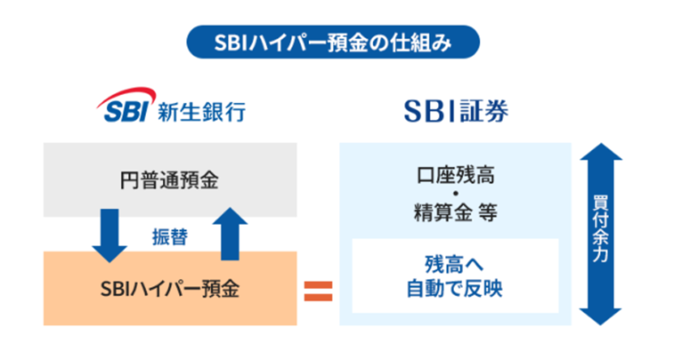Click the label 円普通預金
pyautogui.click(x=170, y=181)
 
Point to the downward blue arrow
pyautogui.click(x=111, y=233)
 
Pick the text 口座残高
pyautogui.click(x=454, y=180)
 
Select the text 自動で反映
pyautogui.click(x=454, y=289)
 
